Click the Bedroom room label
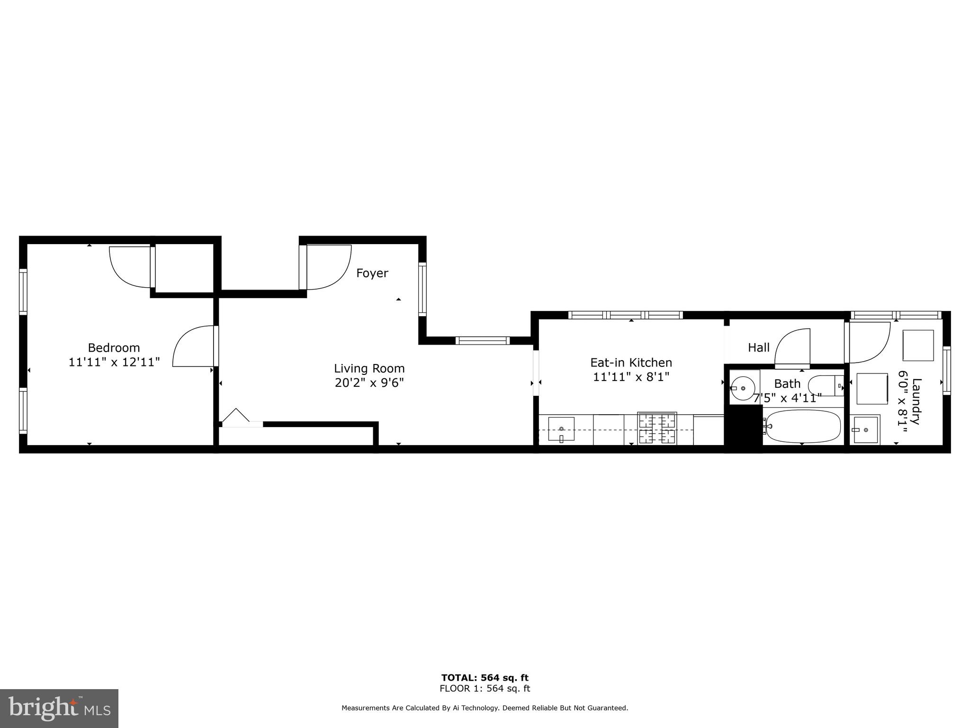click(x=114, y=348)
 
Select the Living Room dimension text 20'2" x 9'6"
click(x=369, y=382)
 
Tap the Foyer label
click(x=372, y=273)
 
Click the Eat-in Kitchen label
click(x=631, y=363)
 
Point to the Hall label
click(x=758, y=348)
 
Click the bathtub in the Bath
click(x=803, y=426)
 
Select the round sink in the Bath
click(x=742, y=388)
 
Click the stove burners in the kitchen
click(x=657, y=428)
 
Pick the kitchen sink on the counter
click(x=561, y=429)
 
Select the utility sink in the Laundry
click(x=864, y=429)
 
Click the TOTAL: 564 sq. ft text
click(x=485, y=678)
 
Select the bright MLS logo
click(x=59, y=708)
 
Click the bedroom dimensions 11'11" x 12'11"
click(x=114, y=362)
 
